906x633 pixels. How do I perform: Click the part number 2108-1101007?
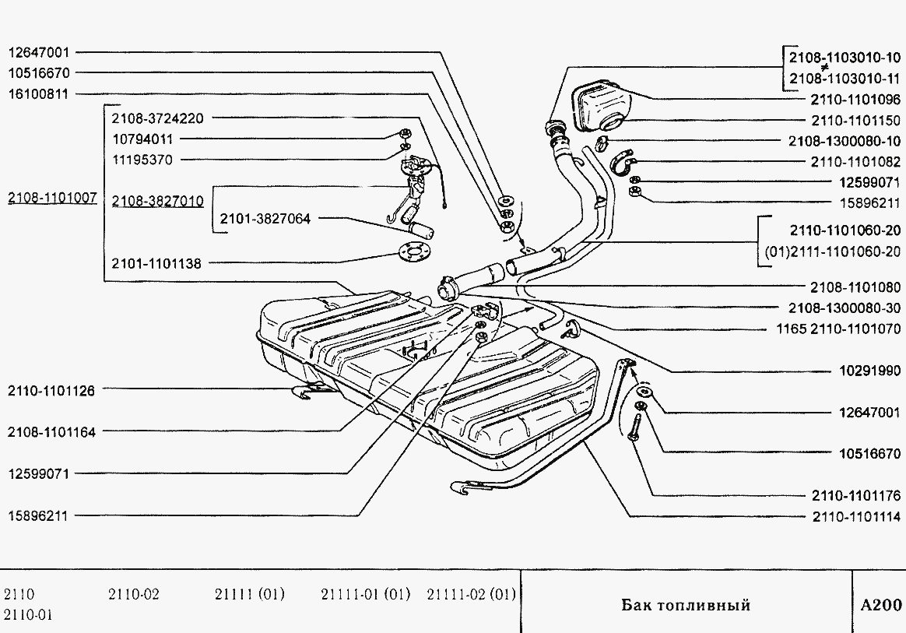point(52,199)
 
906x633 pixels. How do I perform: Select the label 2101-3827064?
point(265,220)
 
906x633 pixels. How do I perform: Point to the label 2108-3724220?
point(157,119)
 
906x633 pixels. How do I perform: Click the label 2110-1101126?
point(51,391)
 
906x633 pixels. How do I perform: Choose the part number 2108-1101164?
point(51,432)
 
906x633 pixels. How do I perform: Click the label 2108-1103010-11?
point(845,78)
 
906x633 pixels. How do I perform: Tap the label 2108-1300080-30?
point(845,308)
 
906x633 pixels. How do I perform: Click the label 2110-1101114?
point(855,516)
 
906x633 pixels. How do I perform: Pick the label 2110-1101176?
point(855,495)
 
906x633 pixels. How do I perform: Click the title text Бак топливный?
point(685,605)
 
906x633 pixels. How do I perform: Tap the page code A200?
point(881,605)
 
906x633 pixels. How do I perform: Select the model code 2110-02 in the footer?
point(134,595)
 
